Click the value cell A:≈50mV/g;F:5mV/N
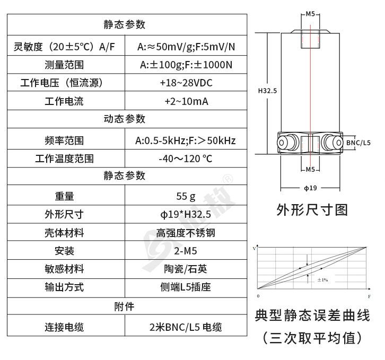click(x=186, y=47)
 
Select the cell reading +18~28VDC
click(x=186, y=83)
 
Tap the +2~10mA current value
click(x=186, y=101)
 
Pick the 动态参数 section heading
click(x=125, y=119)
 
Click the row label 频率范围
click(x=64, y=141)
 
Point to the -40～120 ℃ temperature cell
click(x=186, y=159)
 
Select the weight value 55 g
click(x=186, y=196)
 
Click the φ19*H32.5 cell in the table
click(x=186, y=214)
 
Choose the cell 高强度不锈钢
click(x=186, y=233)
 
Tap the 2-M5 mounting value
click(x=186, y=251)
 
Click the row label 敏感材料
click(x=64, y=269)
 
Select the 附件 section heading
click(x=125, y=306)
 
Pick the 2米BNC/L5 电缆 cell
click(x=186, y=327)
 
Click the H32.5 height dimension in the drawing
click(x=267, y=91)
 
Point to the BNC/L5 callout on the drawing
click(x=358, y=143)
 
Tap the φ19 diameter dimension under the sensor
click(x=310, y=188)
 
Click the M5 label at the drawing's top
click(x=310, y=14)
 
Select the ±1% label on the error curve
click(x=322, y=280)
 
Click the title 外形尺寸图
click(x=312, y=210)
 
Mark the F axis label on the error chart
click(x=369, y=297)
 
